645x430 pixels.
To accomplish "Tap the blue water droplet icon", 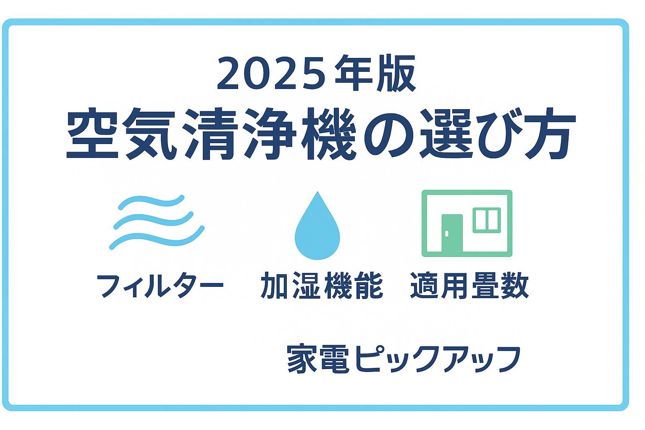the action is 317,225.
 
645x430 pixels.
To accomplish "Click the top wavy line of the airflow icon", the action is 151,201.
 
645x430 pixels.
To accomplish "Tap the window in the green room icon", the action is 487,220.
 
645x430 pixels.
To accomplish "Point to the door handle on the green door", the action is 447,233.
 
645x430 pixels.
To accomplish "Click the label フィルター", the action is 160,286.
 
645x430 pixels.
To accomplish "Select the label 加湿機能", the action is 322,285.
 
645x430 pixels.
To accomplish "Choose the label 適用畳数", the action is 469,285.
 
